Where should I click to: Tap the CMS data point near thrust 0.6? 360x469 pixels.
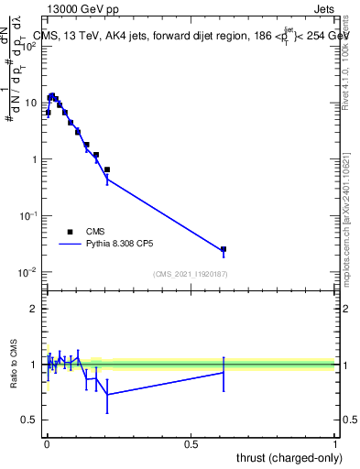(x=224, y=249)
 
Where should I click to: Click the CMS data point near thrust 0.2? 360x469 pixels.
(x=107, y=169)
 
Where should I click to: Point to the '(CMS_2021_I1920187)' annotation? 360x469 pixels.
(x=190, y=274)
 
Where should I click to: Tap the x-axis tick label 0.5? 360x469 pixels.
(x=191, y=443)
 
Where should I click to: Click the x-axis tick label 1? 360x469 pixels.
(x=336, y=443)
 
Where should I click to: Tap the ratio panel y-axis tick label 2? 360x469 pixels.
(x=34, y=309)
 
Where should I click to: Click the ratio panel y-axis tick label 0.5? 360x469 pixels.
(x=30, y=420)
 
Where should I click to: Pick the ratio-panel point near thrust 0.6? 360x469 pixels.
(x=224, y=373)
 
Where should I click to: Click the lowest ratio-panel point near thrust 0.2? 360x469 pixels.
(x=107, y=394)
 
